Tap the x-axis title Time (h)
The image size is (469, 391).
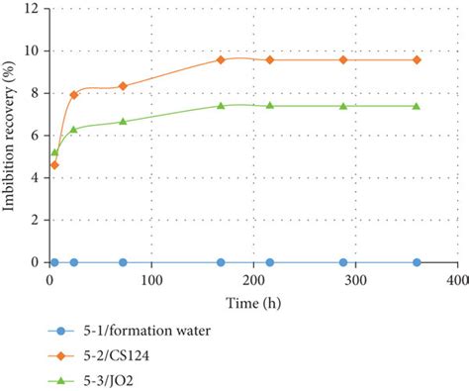[x=254, y=299]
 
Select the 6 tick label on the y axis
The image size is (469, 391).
[x=36, y=136]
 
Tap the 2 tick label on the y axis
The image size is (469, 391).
[x=36, y=221]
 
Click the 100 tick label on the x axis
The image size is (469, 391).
[x=151, y=280]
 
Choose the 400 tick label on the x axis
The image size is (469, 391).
[x=456, y=280]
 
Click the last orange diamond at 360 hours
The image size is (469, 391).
[x=417, y=59]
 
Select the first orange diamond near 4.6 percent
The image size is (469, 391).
[x=54, y=165]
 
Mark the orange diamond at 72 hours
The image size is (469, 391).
[x=123, y=86]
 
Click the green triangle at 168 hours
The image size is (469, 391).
[x=221, y=105]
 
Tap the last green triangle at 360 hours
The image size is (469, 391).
[x=417, y=106]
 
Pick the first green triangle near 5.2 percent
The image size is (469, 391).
[x=54, y=152]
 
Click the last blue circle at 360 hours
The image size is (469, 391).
[x=417, y=262]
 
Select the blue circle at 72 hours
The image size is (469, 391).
[x=123, y=262]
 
